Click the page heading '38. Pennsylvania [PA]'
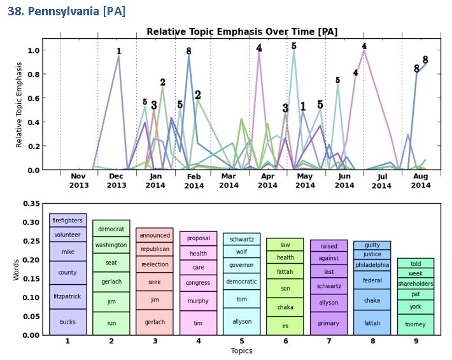tap(66, 11)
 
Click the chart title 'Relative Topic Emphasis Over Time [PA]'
tap(242, 32)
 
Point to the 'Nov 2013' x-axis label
tap(78, 180)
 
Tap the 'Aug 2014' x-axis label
tap(421, 180)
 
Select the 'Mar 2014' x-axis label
tap(229, 180)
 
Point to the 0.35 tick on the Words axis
tap(31, 203)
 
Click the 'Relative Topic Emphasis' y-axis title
tap(19, 104)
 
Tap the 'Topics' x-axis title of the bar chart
tap(241, 351)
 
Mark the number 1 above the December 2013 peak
tap(118, 52)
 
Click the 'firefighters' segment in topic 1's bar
tap(67, 220)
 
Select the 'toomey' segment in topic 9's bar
tap(416, 324)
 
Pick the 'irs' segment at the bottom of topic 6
tap(285, 326)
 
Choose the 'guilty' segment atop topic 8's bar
tap(372, 245)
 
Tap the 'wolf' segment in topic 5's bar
tap(241, 252)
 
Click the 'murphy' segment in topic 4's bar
tap(198, 301)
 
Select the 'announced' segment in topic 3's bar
tap(155, 235)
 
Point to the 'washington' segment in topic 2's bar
tap(111, 245)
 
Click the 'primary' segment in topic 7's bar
tap(328, 323)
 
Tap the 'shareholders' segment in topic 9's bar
tap(416, 284)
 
